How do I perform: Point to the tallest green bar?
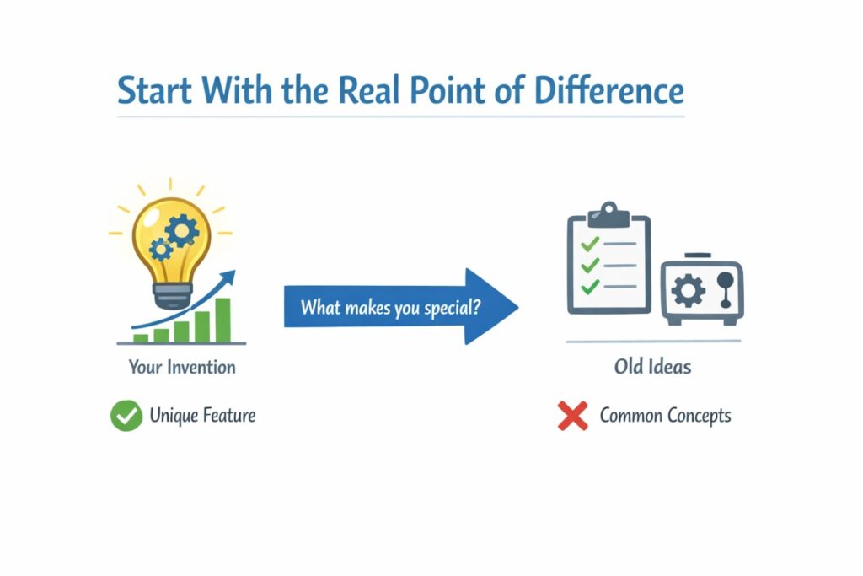(x=223, y=320)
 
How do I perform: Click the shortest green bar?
(x=141, y=338)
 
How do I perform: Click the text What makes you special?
(x=391, y=306)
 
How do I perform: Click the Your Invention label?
(x=182, y=367)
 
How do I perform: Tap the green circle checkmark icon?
(x=126, y=416)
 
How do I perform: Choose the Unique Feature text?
(x=202, y=416)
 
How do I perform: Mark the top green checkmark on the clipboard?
(x=590, y=245)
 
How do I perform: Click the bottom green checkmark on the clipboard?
(x=590, y=287)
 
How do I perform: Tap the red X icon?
(x=573, y=416)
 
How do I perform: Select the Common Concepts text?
(x=665, y=416)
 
